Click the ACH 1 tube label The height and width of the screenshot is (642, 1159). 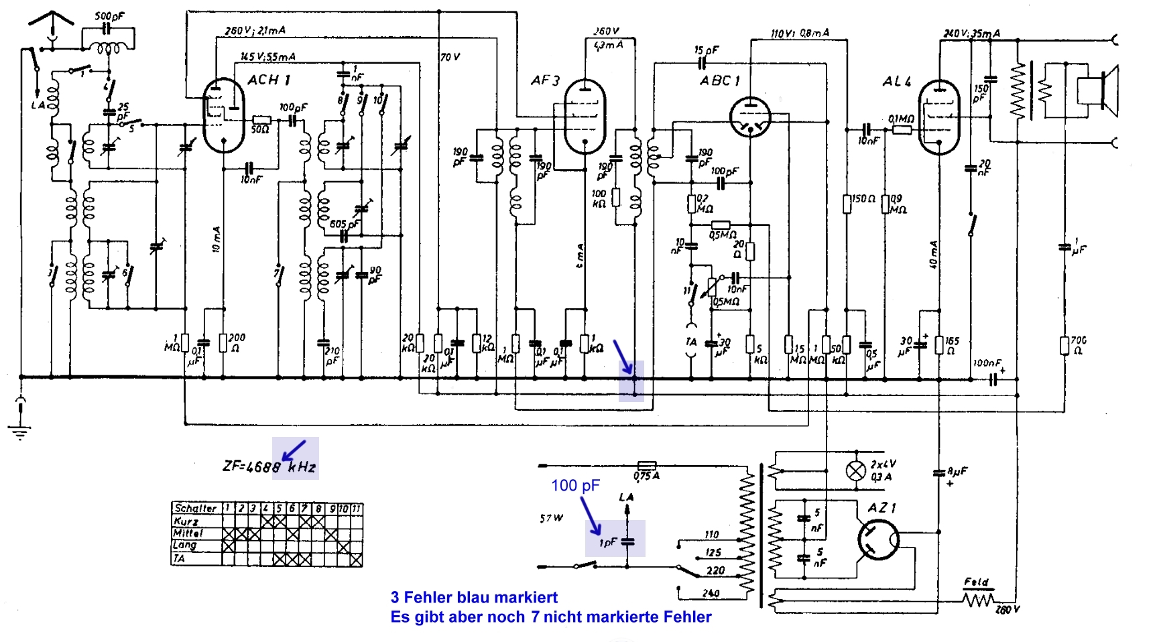coord(269,80)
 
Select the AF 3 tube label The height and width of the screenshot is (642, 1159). coord(544,81)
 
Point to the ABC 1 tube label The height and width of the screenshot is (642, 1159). coord(720,81)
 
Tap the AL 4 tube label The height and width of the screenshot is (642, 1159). coord(896,82)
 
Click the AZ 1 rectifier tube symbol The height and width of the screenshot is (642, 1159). coord(878,540)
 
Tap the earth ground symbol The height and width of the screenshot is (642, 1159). coord(21,429)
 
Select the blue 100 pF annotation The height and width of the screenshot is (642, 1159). coord(575,485)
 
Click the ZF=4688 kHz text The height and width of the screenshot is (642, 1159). coord(269,466)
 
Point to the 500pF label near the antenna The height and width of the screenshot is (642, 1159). coord(109,16)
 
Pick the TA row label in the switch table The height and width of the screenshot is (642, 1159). coord(180,558)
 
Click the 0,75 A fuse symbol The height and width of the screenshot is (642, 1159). coord(646,465)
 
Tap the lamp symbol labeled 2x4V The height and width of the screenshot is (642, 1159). coord(855,471)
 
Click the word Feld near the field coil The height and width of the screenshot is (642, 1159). coord(976,582)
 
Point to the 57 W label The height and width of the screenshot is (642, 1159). coord(551,518)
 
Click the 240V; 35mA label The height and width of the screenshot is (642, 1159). coord(971,34)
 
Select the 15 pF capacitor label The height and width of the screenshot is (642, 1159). coord(706,50)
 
